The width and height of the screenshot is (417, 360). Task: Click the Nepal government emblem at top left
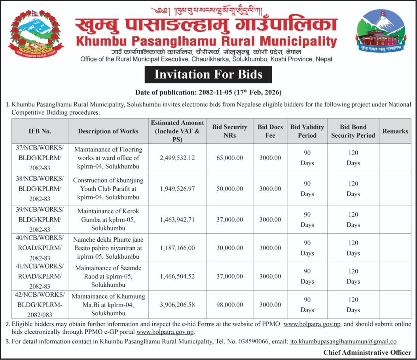pos(36,35)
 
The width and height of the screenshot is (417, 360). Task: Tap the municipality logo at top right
pos(381,34)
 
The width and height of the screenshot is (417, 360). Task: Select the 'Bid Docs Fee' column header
pos(270,131)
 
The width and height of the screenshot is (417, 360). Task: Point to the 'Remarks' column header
pos(395,131)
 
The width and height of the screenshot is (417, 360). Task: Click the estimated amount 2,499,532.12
pos(177,157)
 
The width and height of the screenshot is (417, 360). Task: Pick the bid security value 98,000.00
pos(229,305)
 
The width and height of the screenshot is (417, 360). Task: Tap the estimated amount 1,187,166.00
pos(177,248)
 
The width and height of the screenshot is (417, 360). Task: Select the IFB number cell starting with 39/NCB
pos(40,219)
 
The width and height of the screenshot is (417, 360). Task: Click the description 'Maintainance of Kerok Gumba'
pos(108,219)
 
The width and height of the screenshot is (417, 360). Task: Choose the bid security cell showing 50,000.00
pos(229,188)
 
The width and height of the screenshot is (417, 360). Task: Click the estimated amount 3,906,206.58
pos(177,305)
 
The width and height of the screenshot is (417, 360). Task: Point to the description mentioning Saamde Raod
pos(108,276)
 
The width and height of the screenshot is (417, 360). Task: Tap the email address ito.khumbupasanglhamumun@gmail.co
pos(343,341)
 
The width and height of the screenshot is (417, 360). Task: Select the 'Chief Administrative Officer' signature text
pos(367,352)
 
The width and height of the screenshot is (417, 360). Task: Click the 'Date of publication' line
pos(208,93)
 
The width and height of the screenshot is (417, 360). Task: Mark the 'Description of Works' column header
pos(108,131)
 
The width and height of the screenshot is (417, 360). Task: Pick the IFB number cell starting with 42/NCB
pos(40,305)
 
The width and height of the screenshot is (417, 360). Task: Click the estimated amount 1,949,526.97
pos(177,188)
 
